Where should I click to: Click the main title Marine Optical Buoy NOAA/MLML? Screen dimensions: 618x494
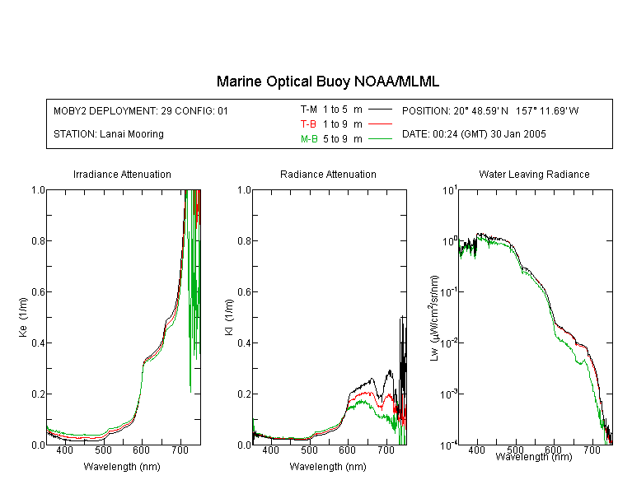click(327, 82)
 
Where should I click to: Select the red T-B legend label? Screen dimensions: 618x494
click(308, 124)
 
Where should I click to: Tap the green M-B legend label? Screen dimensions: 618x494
click(309, 139)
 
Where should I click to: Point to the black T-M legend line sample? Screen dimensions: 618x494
click(380, 110)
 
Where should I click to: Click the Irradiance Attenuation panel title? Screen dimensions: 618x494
click(122, 174)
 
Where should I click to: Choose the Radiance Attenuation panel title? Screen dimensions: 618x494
click(328, 174)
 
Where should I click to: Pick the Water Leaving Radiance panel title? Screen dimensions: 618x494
click(534, 174)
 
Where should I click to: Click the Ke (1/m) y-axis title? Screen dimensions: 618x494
click(23, 317)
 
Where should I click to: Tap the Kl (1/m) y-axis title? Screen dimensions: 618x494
click(229, 317)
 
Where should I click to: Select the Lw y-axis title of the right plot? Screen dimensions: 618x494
click(434, 318)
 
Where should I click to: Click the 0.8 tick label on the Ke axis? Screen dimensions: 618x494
click(38, 240)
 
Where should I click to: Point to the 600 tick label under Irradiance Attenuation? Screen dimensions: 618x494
click(141, 450)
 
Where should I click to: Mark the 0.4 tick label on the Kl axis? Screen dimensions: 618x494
click(245, 343)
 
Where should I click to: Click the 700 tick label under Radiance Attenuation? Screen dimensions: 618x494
click(386, 450)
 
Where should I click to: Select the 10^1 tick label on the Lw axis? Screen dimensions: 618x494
click(450, 190)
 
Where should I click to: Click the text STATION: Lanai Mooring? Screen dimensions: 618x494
click(109, 134)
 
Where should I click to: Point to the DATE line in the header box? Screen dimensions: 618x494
click(474, 134)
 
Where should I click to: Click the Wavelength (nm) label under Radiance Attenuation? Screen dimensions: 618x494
click(328, 467)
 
